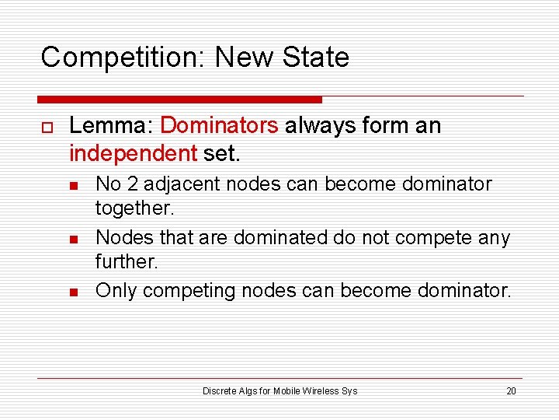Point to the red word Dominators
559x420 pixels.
(x=219, y=126)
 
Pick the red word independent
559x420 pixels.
(x=133, y=153)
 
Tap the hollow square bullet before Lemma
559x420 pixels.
(x=47, y=127)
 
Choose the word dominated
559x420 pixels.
(x=280, y=237)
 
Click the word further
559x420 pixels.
(x=125, y=261)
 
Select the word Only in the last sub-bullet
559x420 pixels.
(x=116, y=291)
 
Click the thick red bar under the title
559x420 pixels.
(x=179, y=100)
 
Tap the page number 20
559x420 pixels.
(x=511, y=390)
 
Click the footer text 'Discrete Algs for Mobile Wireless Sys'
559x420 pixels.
(x=279, y=390)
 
